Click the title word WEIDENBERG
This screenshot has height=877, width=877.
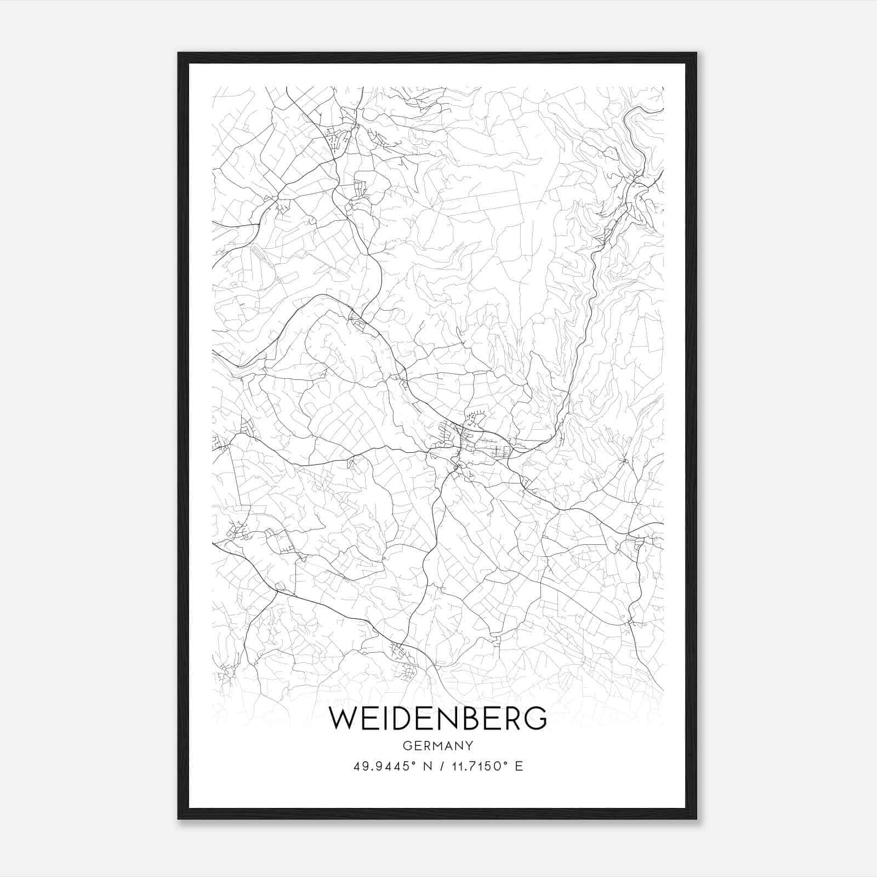437,719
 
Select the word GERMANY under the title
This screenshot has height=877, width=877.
437,745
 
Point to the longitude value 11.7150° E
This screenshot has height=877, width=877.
486,766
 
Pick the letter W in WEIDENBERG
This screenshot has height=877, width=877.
343,719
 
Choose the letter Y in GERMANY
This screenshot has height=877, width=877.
469,745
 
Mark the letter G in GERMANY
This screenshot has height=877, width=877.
406,745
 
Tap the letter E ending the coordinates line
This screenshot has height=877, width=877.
519,766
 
